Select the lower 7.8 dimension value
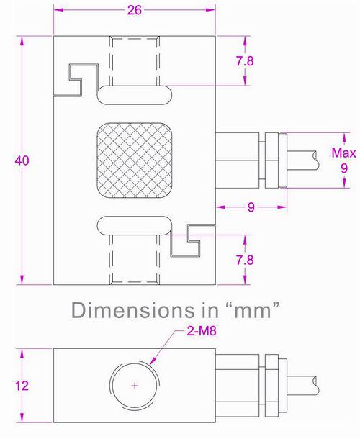click(246, 260)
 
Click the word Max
click(343, 153)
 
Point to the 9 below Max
click(343, 168)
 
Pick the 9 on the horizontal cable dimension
click(251, 207)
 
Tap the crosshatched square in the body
click(135, 160)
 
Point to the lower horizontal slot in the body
click(135, 225)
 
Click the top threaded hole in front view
click(135, 59)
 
